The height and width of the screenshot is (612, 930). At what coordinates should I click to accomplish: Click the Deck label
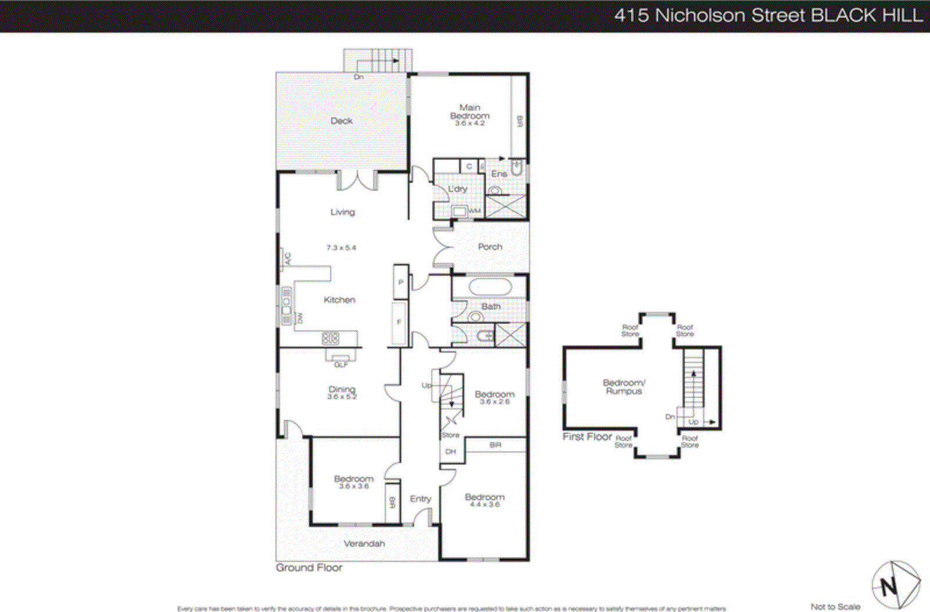pyautogui.click(x=342, y=121)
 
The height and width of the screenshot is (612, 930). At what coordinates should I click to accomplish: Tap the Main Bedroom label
pyautogui.click(x=470, y=112)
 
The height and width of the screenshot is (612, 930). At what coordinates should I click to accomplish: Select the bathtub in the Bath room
pyautogui.click(x=490, y=287)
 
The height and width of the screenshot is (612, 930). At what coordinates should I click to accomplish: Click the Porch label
pyautogui.click(x=490, y=247)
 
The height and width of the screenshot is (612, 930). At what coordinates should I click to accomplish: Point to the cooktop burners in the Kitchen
pyautogui.click(x=330, y=337)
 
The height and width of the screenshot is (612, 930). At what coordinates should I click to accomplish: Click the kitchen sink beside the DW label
pyautogui.click(x=287, y=306)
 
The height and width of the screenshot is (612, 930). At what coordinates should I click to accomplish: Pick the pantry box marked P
pyautogui.click(x=400, y=282)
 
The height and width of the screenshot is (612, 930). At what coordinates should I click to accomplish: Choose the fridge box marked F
pyautogui.click(x=399, y=322)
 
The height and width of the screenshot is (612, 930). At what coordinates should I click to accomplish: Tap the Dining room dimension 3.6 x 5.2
pyautogui.click(x=342, y=397)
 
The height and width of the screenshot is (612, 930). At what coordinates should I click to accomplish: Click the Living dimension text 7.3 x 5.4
pyautogui.click(x=341, y=248)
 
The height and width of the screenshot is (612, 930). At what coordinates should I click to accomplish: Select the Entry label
pyautogui.click(x=420, y=499)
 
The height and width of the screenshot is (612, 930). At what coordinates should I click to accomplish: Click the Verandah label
pyautogui.click(x=364, y=543)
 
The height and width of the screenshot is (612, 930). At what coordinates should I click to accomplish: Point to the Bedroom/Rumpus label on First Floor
pyautogui.click(x=624, y=387)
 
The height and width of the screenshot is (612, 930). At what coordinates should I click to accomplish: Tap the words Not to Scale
pyautogui.click(x=835, y=607)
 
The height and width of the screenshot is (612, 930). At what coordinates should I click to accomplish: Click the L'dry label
pyautogui.click(x=457, y=189)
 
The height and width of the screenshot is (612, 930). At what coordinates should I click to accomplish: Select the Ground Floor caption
pyautogui.click(x=309, y=568)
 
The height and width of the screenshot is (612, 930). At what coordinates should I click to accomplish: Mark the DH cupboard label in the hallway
pyautogui.click(x=450, y=451)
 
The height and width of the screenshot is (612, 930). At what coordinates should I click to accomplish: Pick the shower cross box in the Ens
pyautogui.click(x=506, y=207)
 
